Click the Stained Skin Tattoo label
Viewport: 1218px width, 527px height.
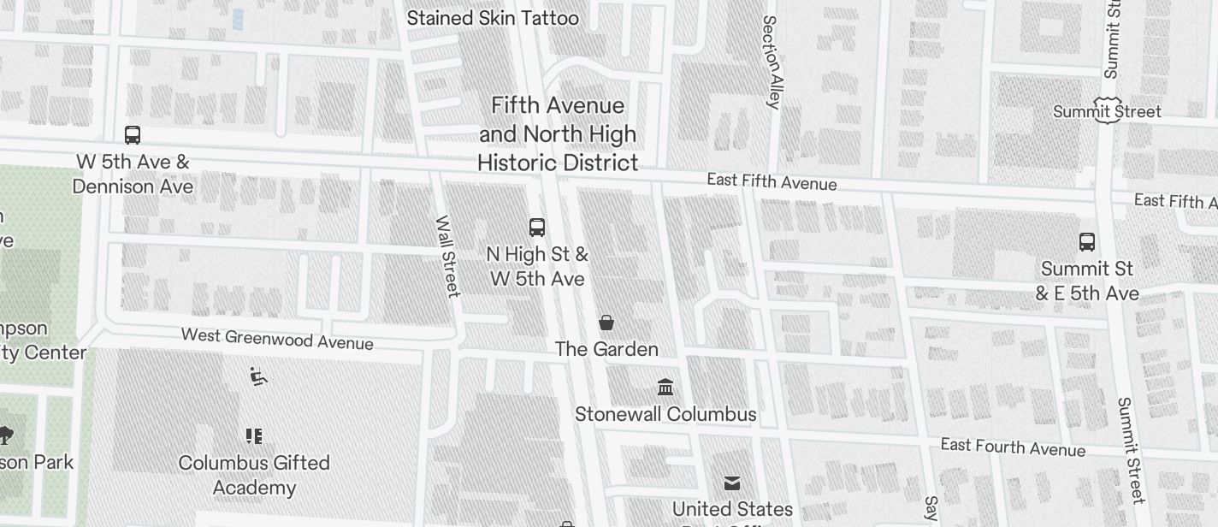(493, 18)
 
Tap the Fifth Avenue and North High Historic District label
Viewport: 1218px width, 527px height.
(558, 134)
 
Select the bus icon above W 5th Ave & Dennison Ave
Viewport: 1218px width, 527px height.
(133, 135)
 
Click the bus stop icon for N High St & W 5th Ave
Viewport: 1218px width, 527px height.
(537, 228)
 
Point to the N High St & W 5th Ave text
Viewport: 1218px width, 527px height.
(537, 266)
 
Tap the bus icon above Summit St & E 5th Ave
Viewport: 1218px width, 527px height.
(1087, 242)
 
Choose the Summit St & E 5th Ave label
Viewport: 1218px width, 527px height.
(1087, 281)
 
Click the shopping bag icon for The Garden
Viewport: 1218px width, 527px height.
(606, 323)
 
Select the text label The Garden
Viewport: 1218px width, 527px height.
(606, 349)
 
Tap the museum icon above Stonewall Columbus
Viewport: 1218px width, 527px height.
(665, 388)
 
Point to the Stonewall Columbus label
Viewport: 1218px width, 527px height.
(665, 414)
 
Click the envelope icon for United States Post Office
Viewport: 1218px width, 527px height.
(732, 483)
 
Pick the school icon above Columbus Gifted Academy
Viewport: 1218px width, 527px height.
(254, 436)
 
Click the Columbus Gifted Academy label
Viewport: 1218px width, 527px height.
(254, 475)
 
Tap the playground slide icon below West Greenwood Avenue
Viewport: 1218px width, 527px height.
(258, 376)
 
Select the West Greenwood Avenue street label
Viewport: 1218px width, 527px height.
(277, 339)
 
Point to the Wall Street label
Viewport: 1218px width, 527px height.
(447, 257)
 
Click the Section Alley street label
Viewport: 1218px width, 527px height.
(772, 62)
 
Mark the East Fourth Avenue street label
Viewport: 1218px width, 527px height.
(1013, 447)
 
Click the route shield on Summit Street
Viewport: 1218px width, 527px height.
(1108, 109)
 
